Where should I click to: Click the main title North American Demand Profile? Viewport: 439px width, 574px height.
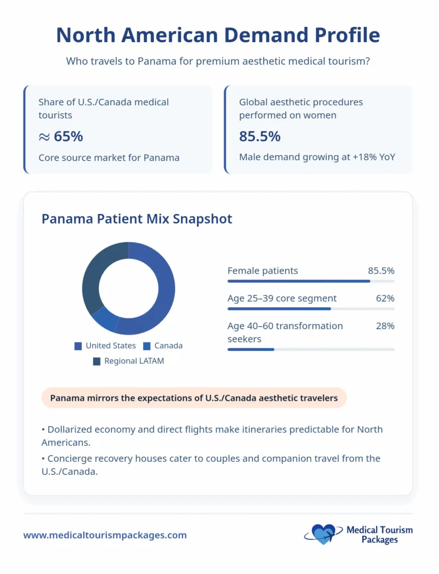[218, 35]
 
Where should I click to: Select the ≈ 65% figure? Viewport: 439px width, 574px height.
[61, 136]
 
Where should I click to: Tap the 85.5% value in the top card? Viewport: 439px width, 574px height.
[260, 136]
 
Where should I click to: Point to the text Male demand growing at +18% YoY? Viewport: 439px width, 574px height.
[317, 157]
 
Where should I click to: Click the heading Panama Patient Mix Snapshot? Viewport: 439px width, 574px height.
[136, 219]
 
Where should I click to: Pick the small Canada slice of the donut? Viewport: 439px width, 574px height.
[104, 319]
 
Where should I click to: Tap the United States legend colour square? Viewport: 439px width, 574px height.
[78, 346]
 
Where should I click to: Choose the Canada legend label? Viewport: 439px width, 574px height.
[168, 346]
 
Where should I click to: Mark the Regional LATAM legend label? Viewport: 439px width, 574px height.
[134, 361]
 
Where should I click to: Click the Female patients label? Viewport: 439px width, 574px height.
[262, 271]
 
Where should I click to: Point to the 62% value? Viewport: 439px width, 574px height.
[385, 298]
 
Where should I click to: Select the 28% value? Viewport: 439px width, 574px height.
[385, 326]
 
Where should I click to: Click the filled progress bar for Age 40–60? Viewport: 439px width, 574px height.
[251, 349]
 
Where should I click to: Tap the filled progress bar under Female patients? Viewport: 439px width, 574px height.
[298, 281]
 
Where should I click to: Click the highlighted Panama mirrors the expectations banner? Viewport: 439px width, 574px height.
[193, 398]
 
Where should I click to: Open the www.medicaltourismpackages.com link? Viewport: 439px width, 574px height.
[105, 535]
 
